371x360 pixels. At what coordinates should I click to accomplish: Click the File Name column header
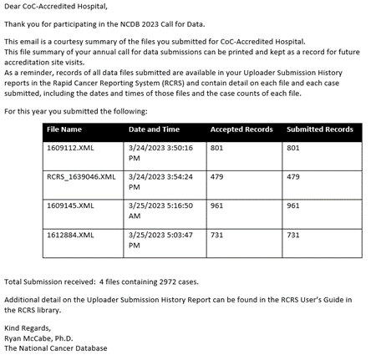click(64, 129)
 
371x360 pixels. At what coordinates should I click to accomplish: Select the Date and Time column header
click(154, 129)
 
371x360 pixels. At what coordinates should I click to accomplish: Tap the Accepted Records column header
click(241, 129)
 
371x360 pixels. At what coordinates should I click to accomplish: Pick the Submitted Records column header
click(319, 129)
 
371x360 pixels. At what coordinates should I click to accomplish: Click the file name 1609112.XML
click(70, 148)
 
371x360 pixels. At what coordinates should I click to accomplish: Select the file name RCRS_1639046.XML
click(81, 177)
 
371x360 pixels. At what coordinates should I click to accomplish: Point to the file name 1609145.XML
click(70, 205)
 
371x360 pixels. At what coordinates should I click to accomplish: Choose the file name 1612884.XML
click(70, 235)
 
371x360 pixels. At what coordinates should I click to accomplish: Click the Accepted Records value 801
click(217, 148)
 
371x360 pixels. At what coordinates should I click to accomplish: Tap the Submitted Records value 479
click(293, 177)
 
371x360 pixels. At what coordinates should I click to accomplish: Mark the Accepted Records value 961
click(217, 205)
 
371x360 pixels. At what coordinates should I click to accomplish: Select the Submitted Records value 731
click(293, 235)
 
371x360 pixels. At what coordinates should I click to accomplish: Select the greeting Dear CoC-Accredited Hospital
click(55, 8)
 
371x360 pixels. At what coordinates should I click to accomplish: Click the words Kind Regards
click(28, 327)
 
